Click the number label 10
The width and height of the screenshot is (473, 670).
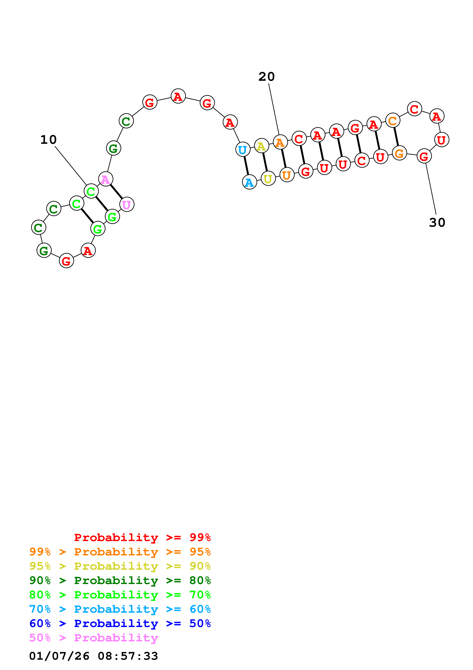48,140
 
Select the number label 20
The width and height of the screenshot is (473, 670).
266,77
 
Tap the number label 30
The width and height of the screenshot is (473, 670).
437,223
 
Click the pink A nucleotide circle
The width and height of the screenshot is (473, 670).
106,179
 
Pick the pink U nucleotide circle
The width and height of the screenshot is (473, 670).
127,205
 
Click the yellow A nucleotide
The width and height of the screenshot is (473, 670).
261,146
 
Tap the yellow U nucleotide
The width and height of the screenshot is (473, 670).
268,179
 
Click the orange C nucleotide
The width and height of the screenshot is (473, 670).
392,121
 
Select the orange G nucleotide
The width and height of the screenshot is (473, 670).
399,153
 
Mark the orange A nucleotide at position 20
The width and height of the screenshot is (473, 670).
280,142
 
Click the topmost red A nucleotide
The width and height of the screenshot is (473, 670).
178,96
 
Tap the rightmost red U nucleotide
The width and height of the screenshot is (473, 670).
442,140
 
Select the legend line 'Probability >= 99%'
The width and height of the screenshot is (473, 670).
143,537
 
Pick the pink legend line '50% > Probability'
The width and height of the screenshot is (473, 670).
93,638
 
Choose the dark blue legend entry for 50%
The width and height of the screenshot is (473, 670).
120,623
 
